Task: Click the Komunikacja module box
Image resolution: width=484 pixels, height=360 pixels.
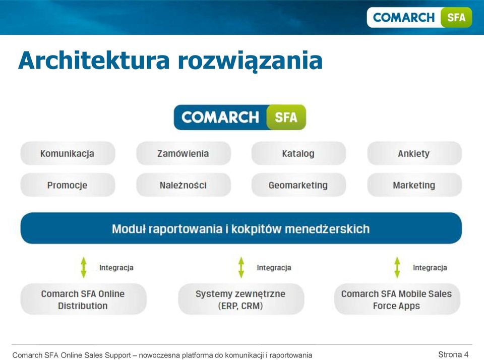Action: tap(68, 153)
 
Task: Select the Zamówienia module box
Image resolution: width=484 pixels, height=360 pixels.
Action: tap(184, 153)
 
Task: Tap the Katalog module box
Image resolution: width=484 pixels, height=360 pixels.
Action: tap(298, 153)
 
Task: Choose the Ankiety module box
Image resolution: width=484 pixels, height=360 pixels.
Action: tap(414, 153)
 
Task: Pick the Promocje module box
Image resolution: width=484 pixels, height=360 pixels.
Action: tap(68, 185)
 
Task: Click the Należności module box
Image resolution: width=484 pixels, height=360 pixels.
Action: tap(184, 185)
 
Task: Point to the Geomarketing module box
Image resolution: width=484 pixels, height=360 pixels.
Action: tap(298, 185)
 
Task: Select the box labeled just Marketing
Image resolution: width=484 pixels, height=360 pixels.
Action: tap(414, 185)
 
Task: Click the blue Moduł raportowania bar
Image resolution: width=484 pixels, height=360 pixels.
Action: tap(241, 228)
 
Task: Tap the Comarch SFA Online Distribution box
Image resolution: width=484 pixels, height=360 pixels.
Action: tap(83, 299)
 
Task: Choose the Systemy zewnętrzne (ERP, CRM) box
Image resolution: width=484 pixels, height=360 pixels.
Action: tap(241, 299)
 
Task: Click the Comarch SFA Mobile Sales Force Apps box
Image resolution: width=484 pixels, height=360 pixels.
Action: tap(397, 299)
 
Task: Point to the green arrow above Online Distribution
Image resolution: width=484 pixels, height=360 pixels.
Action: tap(84, 268)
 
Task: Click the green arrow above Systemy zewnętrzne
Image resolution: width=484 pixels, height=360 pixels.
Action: tap(241, 268)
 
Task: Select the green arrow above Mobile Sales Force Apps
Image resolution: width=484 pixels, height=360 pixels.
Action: tap(397, 268)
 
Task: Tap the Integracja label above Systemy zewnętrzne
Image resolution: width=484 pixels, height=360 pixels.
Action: tap(274, 268)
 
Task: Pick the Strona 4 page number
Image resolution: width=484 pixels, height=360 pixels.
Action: tap(453, 354)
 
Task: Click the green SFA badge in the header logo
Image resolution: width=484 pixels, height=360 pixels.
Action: tap(456, 17)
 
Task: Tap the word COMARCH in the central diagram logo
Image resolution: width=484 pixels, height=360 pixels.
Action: tap(220, 117)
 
